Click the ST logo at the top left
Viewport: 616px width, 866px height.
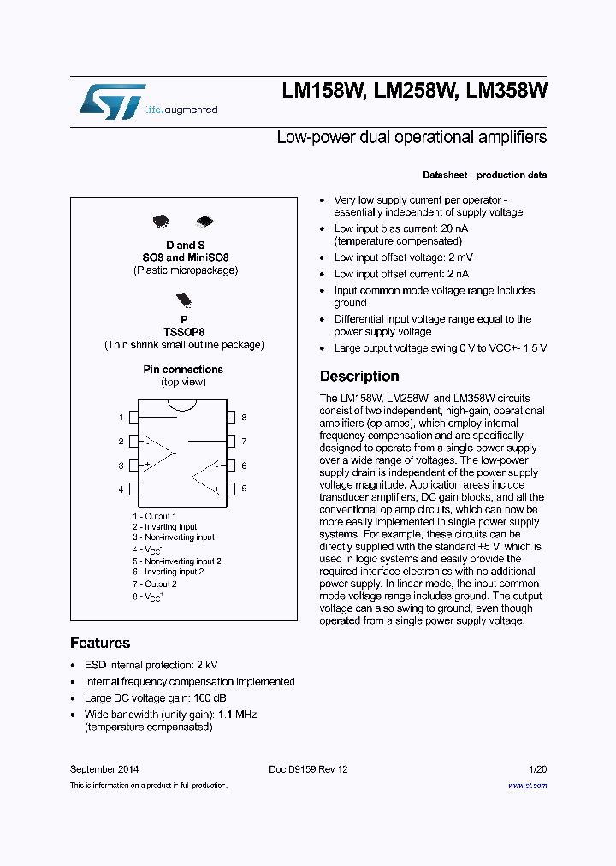click(x=111, y=101)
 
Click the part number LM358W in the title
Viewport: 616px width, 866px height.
click(x=506, y=92)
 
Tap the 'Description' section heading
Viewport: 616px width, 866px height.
click(x=359, y=377)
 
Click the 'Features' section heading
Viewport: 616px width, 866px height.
click(x=100, y=643)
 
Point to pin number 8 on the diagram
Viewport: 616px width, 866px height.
click(x=244, y=418)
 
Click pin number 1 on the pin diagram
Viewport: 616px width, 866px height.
click(x=121, y=418)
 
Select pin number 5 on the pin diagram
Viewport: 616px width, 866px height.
click(x=244, y=489)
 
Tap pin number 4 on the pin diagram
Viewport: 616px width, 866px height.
click(x=121, y=489)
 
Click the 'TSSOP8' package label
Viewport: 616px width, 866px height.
click(x=184, y=331)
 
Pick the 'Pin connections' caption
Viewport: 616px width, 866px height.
click(x=183, y=370)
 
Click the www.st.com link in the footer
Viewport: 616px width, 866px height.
click(x=527, y=785)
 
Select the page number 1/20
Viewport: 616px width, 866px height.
click(x=538, y=769)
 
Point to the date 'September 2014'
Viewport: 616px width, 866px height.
click(x=104, y=769)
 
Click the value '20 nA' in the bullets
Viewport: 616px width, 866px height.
click(x=453, y=228)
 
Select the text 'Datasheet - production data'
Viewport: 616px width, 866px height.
click(x=484, y=175)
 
